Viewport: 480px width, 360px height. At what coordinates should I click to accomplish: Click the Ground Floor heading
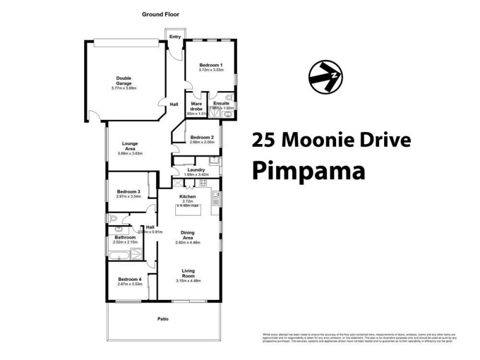click(x=160, y=14)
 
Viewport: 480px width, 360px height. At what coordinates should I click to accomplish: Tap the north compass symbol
click(x=326, y=77)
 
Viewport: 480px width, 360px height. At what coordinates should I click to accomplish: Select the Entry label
click(x=175, y=37)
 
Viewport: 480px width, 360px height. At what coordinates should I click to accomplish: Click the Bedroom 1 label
click(x=211, y=65)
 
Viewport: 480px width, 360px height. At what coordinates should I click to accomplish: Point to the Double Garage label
click(x=124, y=80)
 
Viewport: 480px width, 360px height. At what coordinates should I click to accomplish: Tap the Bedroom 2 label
click(x=197, y=137)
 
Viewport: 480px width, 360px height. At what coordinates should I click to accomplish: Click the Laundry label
click(x=196, y=170)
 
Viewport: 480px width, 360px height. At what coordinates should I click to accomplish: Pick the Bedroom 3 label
click(x=129, y=191)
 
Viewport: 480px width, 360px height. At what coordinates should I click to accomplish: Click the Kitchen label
click(x=188, y=196)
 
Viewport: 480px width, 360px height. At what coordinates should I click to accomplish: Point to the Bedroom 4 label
click(x=130, y=279)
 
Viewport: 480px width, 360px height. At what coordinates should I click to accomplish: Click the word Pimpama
click(x=308, y=170)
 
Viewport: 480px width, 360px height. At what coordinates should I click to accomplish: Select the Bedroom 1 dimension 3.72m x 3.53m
click(x=211, y=70)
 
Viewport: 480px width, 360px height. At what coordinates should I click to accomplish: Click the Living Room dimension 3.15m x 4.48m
click(x=188, y=280)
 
